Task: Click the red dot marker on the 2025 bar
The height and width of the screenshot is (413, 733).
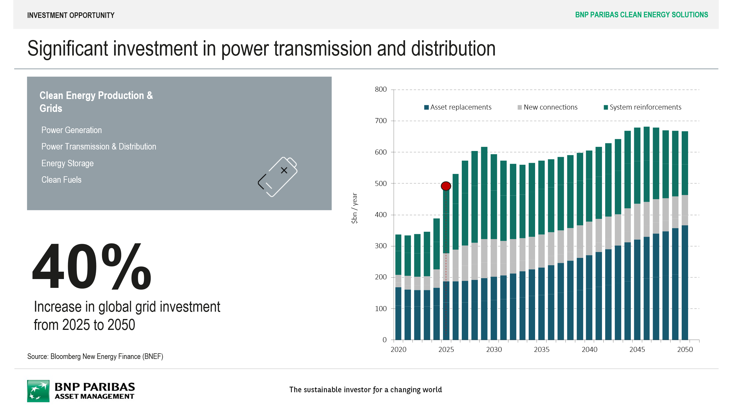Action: pos(446,186)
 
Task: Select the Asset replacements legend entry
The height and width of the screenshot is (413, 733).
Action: pos(458,107)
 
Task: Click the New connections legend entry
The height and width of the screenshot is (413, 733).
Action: pos(548,107)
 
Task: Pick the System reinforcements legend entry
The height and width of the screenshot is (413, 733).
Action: pos(642,107)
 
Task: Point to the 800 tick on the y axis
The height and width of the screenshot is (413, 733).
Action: pos(381,89)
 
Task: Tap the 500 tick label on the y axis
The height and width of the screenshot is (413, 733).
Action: pos(381,183)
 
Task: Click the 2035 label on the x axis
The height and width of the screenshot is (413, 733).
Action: pos(542,349)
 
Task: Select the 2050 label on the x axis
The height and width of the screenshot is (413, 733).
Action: pos(685,349)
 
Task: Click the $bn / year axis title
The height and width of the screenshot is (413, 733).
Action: pos(354,208)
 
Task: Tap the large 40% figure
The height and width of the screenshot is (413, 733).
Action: pos(91,267)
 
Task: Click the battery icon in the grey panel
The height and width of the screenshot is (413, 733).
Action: pos(277,177)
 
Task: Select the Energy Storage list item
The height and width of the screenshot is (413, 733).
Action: pos(67,163)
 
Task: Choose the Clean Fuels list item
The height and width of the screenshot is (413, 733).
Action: pos(61,180)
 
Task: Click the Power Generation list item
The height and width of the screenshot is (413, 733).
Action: pos(72,130)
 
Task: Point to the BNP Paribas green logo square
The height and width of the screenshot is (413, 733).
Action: pos(38,391)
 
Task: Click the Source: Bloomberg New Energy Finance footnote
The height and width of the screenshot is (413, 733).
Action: pos(95,356)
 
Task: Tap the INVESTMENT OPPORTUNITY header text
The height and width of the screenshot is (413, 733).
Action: pos(71,15)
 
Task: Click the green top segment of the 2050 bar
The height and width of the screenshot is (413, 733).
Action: pos(685,163)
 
